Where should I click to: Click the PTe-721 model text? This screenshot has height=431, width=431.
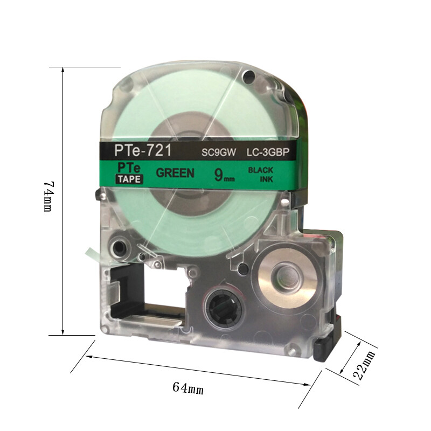pos(143,150)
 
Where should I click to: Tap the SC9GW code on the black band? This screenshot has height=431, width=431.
pos(219,152)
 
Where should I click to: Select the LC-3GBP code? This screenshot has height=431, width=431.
pos(268,152)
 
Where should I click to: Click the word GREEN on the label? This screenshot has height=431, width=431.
pos(175,173)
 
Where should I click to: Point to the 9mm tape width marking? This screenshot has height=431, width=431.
pos(224,175)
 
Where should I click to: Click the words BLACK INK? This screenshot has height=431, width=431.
pos(261,175)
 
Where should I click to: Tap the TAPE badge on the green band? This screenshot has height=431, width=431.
pos(129,179)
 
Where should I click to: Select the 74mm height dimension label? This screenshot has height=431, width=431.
pos(48,196)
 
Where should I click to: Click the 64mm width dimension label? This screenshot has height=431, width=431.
pos(188,388)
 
